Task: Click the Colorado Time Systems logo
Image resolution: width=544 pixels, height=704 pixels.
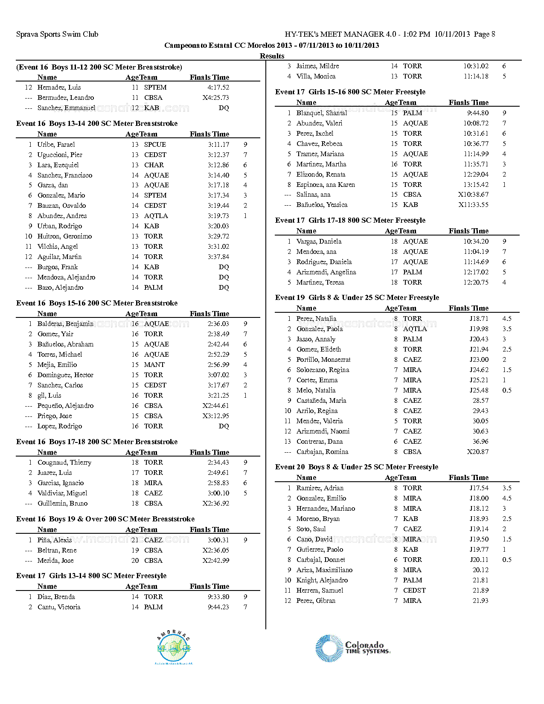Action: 353,648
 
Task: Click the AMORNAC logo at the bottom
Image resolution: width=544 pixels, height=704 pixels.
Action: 174,648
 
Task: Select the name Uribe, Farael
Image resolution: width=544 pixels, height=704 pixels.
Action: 56,145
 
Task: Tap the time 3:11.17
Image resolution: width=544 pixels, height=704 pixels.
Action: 218,145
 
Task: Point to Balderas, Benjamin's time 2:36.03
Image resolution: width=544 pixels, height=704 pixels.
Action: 218,324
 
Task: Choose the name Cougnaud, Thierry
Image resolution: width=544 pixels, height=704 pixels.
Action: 64,463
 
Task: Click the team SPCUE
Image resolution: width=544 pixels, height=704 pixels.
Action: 155,145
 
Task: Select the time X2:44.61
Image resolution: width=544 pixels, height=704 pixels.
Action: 216,406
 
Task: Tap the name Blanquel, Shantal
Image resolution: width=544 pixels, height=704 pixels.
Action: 322,113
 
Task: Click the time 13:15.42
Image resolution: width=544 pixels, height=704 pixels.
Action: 476,185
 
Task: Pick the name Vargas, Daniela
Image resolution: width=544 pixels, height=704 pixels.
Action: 319,241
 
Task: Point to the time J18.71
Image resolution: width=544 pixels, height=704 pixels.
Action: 479,319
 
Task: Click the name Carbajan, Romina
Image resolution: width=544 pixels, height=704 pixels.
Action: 322,452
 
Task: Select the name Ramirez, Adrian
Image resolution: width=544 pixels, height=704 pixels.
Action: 320,488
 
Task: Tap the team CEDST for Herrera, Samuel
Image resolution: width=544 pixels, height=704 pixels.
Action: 414,591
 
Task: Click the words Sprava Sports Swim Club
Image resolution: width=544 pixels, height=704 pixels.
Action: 57,34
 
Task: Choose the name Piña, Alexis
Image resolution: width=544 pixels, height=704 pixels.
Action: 55,540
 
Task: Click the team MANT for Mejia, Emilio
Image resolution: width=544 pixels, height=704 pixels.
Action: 154,365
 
